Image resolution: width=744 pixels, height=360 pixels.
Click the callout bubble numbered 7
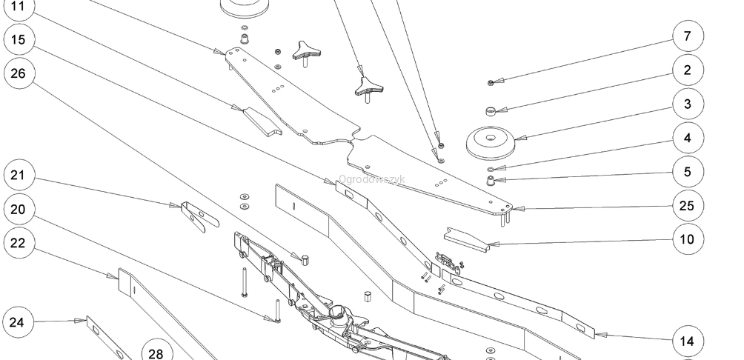pos(688,36)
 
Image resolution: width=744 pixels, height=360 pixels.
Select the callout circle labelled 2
pos(688,70)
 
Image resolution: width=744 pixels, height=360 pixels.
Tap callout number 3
pos(688,104)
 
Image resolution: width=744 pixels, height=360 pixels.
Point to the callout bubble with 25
pos(688,206)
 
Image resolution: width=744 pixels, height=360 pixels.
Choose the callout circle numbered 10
pos(688,239)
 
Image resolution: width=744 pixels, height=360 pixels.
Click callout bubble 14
pos(688,341)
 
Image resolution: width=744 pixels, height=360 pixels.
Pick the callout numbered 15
pos(19,40)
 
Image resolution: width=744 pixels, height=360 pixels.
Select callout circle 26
pos(19,73)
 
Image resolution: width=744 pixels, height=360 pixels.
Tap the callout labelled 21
pos(19,175)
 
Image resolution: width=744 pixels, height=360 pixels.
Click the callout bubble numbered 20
pos(19,209)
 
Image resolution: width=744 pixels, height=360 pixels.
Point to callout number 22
pos(19,243)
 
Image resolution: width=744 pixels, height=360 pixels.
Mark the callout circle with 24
pos(18,322)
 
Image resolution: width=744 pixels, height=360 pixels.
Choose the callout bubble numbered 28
pos(157,353)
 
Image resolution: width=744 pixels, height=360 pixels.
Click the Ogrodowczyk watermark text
pos(371,179)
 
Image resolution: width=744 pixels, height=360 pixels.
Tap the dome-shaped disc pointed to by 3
pos(491,143)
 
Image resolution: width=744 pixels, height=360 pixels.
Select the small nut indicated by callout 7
pos(491,83)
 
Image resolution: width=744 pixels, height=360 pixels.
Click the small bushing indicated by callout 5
pos(491,180)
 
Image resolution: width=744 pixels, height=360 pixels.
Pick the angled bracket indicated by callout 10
pos(466,240)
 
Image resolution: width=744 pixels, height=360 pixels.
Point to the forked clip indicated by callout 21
pos(199,217)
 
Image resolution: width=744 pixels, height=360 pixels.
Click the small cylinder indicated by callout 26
pos(305,259)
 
